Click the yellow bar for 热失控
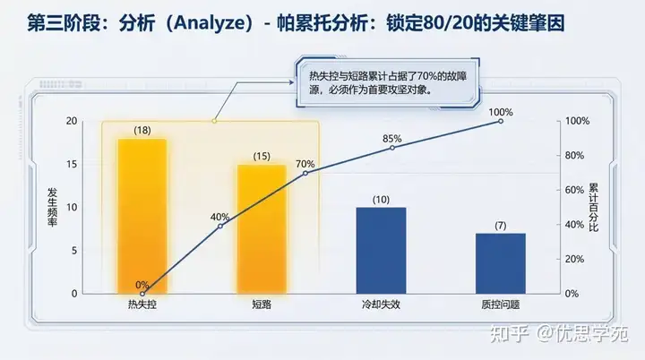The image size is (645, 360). click(x=142, y=217)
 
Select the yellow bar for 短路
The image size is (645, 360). click(x=262, y=229)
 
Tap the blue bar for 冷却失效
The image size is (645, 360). click(x=381, y=251)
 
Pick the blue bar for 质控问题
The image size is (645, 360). click(x=501, y=263)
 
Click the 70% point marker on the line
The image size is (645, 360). click(x=305, y=173)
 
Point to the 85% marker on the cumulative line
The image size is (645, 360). click(x=392, y=148)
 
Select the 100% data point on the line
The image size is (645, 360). click(x=501, y=121)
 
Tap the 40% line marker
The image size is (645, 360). click(x=220, y=226)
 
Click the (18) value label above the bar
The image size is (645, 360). click(x=142, y=131)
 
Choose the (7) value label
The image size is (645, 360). click(x=501, y=226)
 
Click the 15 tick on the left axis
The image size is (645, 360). click(x=72, y=164)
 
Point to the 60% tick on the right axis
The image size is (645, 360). click(x=574, y=190)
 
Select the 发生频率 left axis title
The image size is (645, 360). click(x=52, y=208)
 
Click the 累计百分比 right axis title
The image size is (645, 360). click(x=593, y=208)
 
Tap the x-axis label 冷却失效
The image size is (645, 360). click(x=381, y=304)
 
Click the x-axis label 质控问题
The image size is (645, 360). click(x=501, y=304)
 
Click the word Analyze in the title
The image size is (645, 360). click(x=210, y=23)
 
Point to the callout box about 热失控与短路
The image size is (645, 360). click(x=388, y=82)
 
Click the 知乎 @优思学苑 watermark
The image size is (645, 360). click(x=559, y=333)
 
